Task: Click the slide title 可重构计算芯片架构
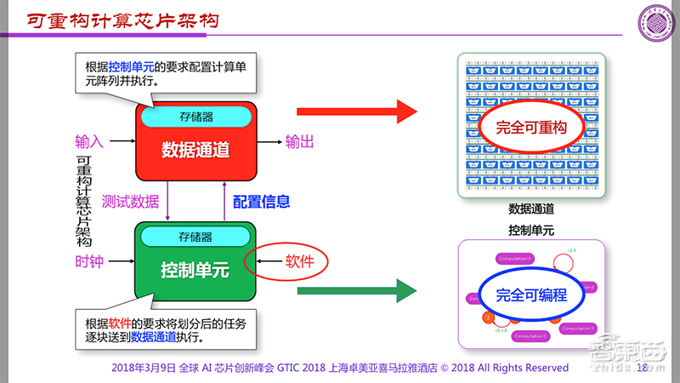click(x=120, y=19)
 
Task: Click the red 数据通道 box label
click(x=196, y=150)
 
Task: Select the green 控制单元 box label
click(x=195, y=271)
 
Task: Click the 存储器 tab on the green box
click(x=195, y=237)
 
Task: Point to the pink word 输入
click(x=89, y=140)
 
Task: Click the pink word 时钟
click(x=89, y=261)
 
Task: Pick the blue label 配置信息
click(x=262, y=202)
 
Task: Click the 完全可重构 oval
click(x=531, y=128)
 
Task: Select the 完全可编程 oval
click(x=531, y=294)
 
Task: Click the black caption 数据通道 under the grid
click(x=531, y=209)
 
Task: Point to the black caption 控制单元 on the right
click(x=531, y=230)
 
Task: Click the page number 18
click(x=642, y=368)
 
